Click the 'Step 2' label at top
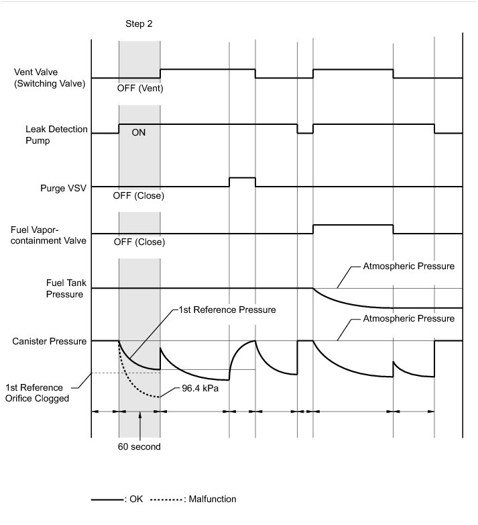pyautogui.click(x=139, y=23)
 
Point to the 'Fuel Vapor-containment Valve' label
pyautogui.click(x=49, y=235)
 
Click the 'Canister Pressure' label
pyautogui.click(x=50, y=342)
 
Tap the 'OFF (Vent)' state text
pyautogui.click(x=139, y=88)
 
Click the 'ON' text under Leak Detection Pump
pyautogui.click(x=138, y=133)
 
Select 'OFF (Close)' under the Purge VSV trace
pyautogui.click(x=139, y=196)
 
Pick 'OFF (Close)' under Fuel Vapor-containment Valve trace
pyautogui.click(x=139, y=242)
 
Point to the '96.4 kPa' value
pyautogui.click(x=200, y=388)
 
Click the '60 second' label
pyautogui.click(x=139, y=446)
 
